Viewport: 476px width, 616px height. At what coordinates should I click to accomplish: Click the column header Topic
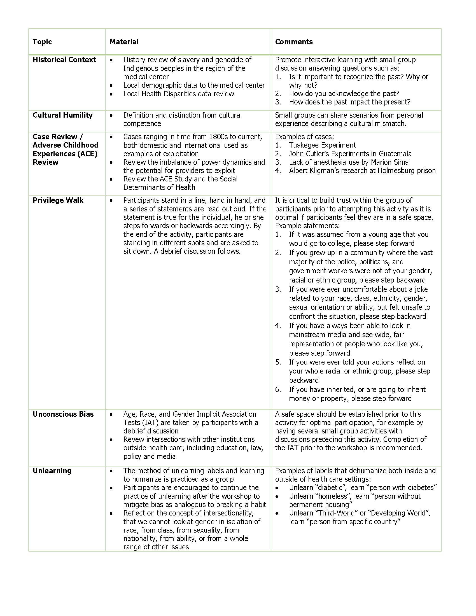tap(42, 42)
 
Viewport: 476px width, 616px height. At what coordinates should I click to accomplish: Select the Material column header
tap(124, 42)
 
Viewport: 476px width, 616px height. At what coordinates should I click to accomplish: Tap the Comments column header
tap(294, 42)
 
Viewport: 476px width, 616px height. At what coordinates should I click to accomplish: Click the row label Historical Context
tap(64, 60)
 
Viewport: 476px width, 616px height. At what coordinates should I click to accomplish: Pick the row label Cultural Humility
tap(63, 115)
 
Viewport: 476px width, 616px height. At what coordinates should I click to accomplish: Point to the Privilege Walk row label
tap(58, 200)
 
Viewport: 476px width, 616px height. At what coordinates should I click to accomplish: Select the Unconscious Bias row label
tap(63, 414)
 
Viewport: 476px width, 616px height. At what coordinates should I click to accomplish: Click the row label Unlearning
tap(52, 471)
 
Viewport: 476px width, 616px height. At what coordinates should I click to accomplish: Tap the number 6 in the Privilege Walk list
tap(278, 389)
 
